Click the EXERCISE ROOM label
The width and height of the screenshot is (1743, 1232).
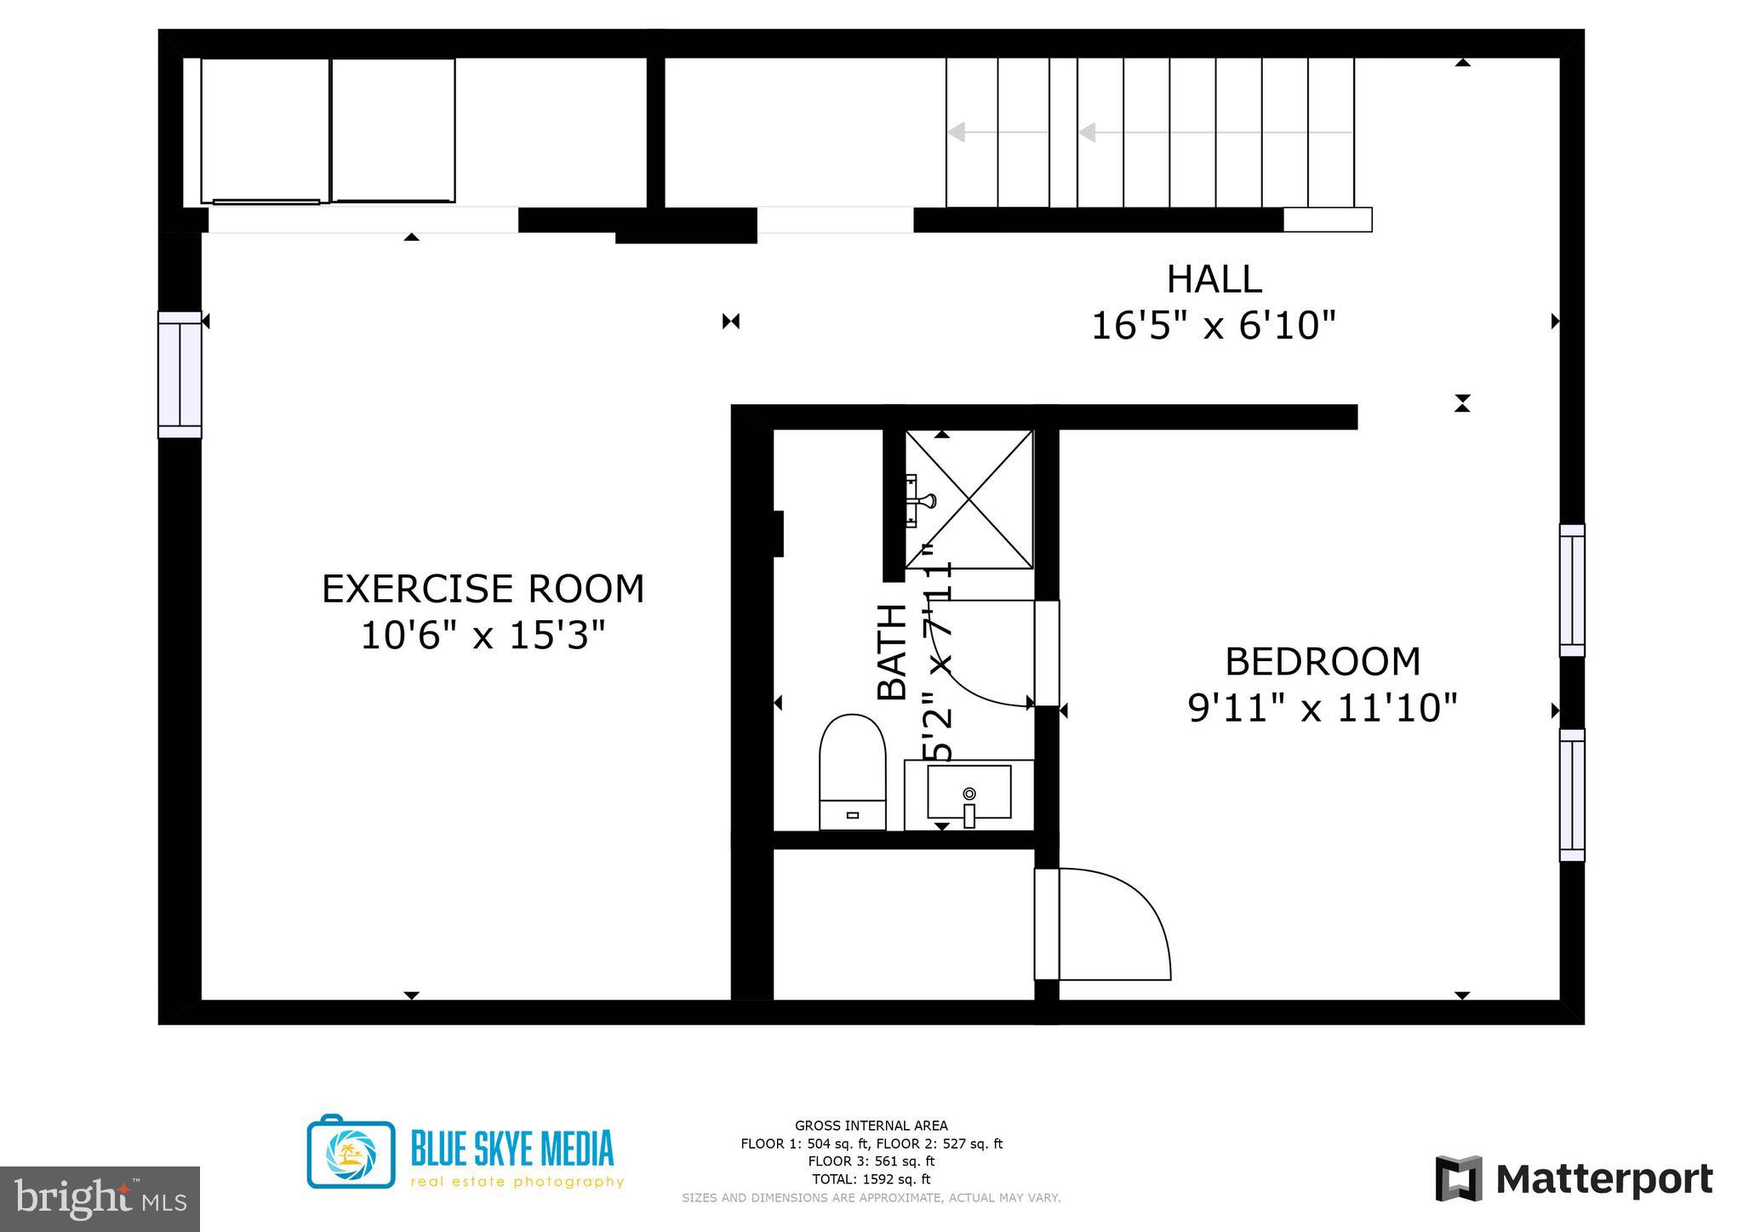coord(483,589)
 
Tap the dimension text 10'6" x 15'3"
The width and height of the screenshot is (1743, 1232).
coord(483,636)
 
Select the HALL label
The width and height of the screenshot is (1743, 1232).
coord(1214,279)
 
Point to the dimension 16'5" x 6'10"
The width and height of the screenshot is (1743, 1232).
coord(1214,325)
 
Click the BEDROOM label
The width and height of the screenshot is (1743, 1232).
coord(1323,662)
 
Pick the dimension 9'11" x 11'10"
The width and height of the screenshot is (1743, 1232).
coord(1323,708)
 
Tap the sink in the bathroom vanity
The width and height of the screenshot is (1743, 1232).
coord(969,791)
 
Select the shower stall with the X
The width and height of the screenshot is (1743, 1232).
coord(969,499)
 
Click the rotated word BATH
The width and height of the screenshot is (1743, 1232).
coord(892,653)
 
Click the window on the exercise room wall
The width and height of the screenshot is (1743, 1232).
coord(180,374)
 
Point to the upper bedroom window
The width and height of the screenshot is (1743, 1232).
coord(1572,590)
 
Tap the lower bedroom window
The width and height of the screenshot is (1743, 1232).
coord(1572,795)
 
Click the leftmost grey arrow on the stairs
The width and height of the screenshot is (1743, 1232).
coord(957,133)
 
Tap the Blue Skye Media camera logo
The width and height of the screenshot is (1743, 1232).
coord(351,1153)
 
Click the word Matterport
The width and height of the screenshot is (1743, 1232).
coord(1603,1180)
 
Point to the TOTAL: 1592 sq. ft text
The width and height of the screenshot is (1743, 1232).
coord(871,1179)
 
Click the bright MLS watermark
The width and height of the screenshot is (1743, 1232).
coord(100,1199)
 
